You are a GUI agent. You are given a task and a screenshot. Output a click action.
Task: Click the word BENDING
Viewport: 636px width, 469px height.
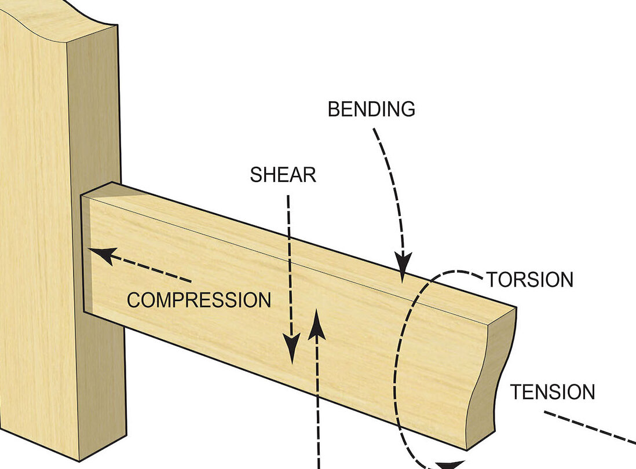(371, 109)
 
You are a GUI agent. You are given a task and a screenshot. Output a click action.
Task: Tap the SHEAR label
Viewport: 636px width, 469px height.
(283, 175)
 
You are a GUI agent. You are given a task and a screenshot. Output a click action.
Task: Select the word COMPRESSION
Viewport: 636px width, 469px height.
(199, 300)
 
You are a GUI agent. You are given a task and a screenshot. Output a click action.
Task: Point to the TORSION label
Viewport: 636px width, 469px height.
(530, 280)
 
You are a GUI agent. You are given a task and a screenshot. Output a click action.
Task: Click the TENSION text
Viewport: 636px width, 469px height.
(552, 392)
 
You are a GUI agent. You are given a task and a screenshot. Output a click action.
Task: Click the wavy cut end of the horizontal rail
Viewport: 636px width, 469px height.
(492, 376)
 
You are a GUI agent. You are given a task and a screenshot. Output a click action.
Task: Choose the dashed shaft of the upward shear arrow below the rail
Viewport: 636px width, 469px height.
(318, 428)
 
